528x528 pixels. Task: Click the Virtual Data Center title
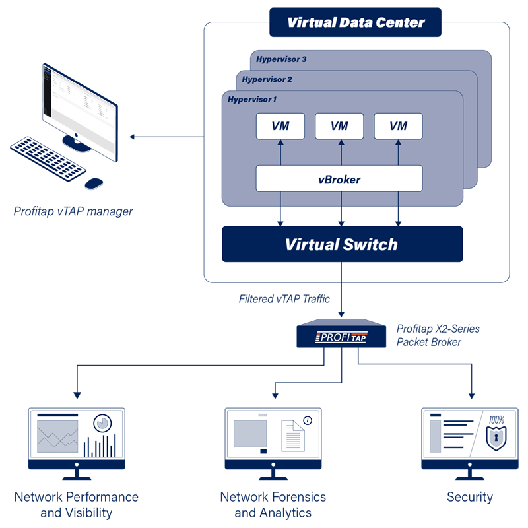pos(356,23)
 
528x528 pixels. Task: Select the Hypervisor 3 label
pos(281,59)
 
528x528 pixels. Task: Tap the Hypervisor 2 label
pos(267,80)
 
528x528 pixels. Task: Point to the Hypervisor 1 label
pos(252,100)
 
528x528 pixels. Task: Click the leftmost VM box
pos(280,126)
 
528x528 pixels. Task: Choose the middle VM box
pos(339,126)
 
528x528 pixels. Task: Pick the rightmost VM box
pos(398,126)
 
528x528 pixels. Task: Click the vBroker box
pos(339,179)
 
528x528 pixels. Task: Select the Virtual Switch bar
pos(342,244)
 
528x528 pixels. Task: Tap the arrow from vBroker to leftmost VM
pos(280,152)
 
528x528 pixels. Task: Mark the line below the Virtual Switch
pos(341,272)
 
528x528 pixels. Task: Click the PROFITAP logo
pos(341,337)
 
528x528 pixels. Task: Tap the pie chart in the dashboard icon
pos(102,422)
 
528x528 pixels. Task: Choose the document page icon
pos(293,436)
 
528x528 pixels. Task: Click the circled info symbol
pos(307,420)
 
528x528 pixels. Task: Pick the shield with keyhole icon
pos(496,438)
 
